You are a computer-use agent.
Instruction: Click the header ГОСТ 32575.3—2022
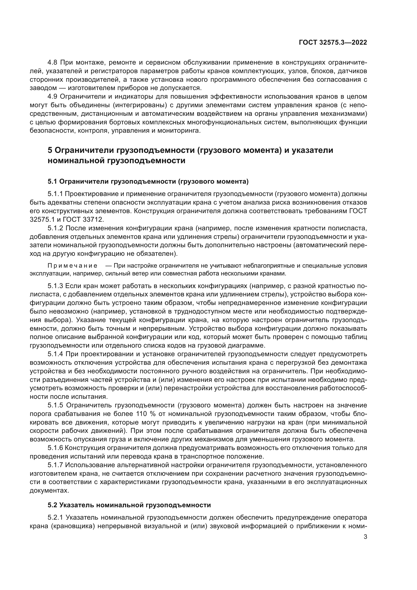click(x=333, y=43)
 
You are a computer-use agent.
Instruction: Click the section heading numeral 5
click(x=50, y=150)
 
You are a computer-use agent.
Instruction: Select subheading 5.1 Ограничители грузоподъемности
click(x=148, y=182)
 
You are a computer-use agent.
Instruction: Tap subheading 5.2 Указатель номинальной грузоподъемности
click(x=129, y=505)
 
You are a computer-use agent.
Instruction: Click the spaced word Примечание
click(x=72, y=265)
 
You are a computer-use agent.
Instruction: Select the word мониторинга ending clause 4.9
click(x=180, y=131)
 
